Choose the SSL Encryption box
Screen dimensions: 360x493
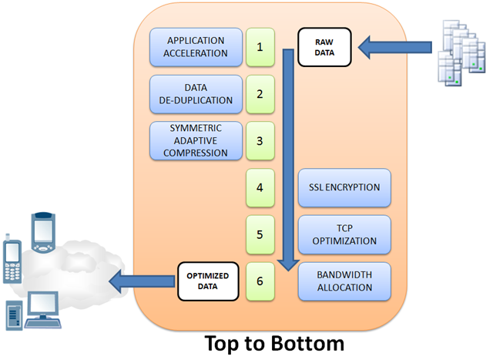344,188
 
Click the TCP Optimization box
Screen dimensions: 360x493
344,234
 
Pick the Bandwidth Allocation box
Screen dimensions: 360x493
344,281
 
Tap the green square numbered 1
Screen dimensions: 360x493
260,47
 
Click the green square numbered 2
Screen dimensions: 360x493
260,94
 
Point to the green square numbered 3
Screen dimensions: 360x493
260,141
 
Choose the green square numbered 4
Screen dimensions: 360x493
260,188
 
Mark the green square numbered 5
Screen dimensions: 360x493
260,234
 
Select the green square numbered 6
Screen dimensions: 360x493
260,281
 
